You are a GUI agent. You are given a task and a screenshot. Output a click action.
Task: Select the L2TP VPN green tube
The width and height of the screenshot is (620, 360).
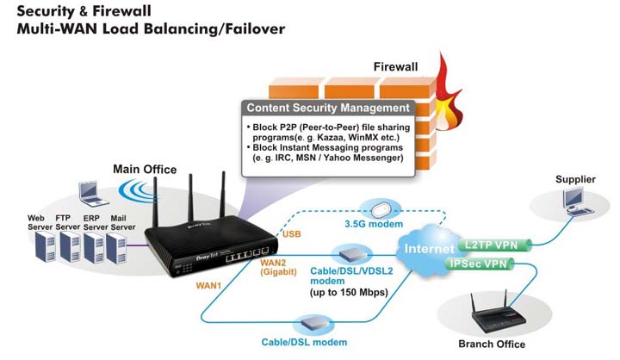click(x=491, y=245)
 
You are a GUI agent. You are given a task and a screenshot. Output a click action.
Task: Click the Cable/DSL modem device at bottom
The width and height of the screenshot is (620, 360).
click(x=311, y=324)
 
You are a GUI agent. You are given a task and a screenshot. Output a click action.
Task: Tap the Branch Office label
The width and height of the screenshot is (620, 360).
click(x=493, y=344)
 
